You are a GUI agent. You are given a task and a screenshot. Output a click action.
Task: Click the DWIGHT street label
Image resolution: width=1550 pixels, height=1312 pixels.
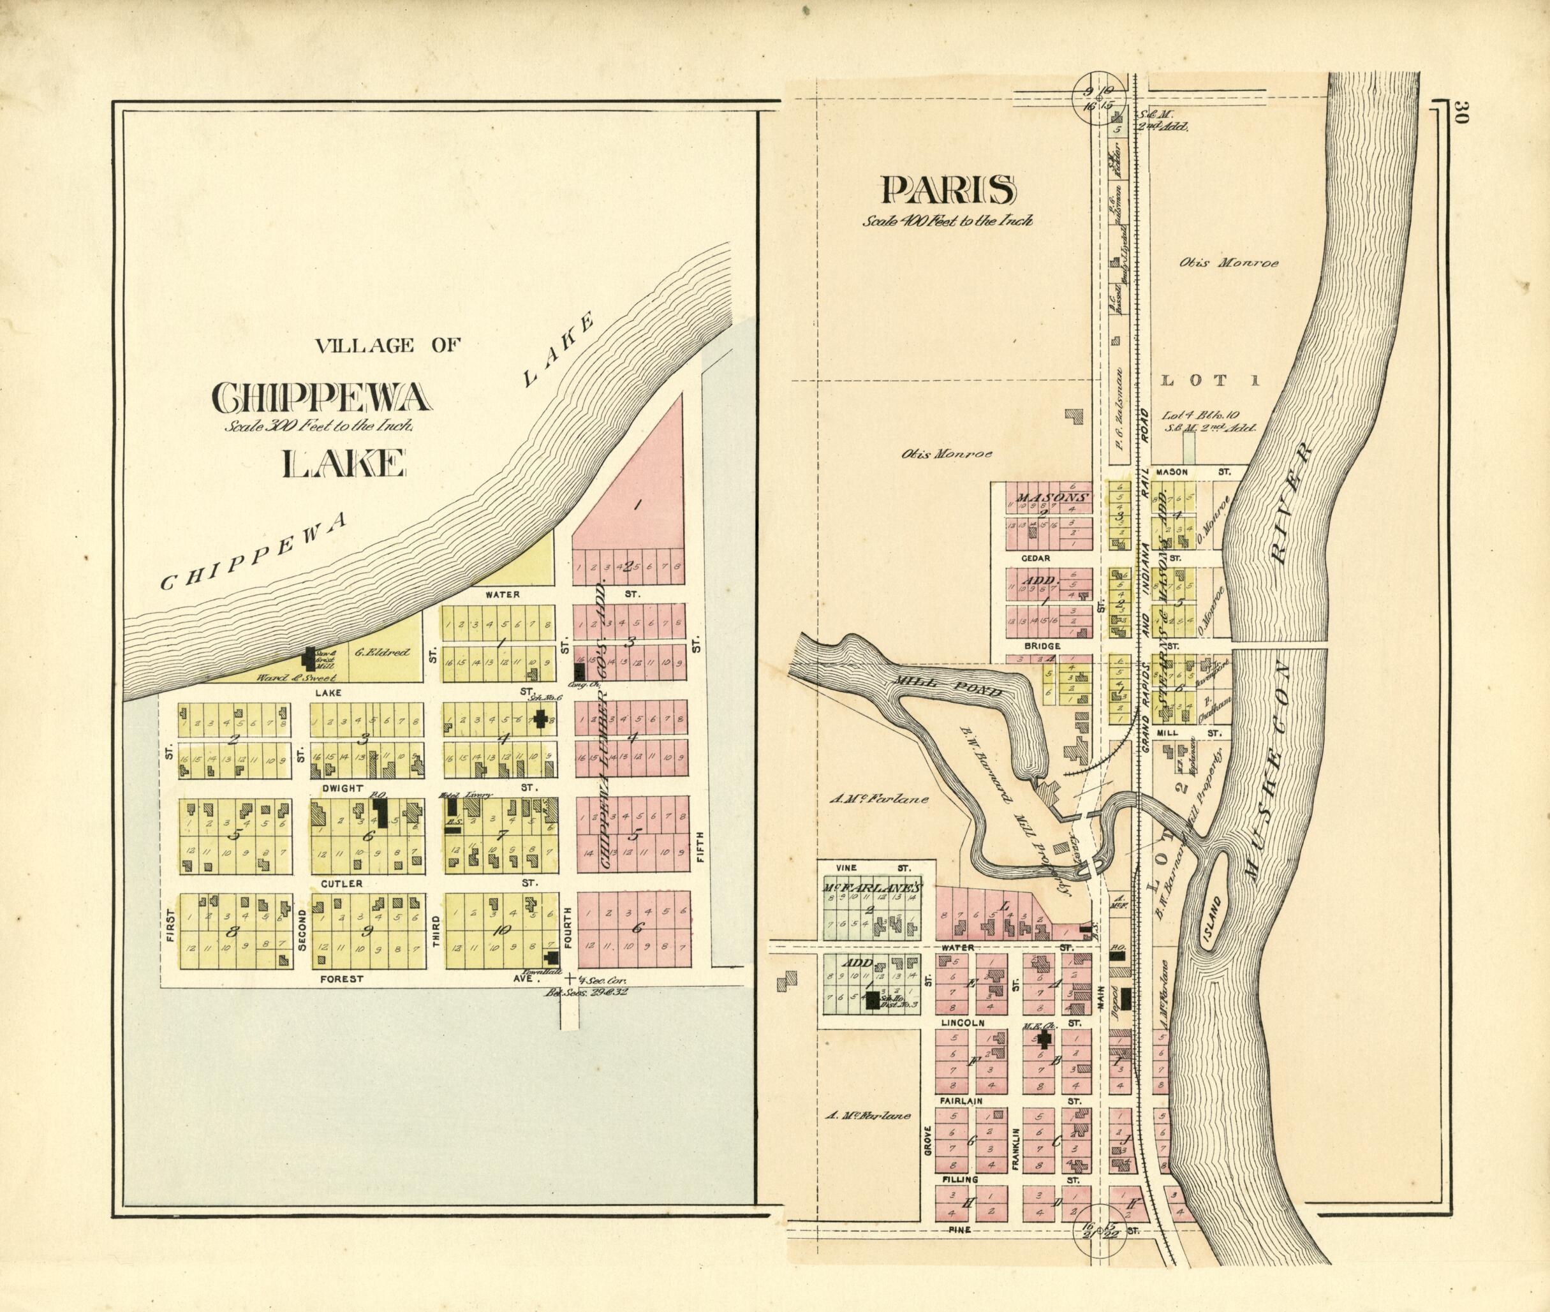(x=341, y=788)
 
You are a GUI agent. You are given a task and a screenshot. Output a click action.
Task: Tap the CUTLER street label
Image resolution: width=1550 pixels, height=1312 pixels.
(x=341, y=883)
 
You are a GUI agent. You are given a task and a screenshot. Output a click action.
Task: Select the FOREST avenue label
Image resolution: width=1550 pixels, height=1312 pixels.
(x=341, y=979)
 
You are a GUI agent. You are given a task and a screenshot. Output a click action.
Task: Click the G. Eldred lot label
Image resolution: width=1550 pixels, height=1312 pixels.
(x=381, y=653)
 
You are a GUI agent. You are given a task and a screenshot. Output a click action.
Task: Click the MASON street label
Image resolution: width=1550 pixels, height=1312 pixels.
(x=1170, y=471)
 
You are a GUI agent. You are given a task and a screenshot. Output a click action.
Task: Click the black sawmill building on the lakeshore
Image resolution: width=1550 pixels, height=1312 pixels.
(x=309, y=658)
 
